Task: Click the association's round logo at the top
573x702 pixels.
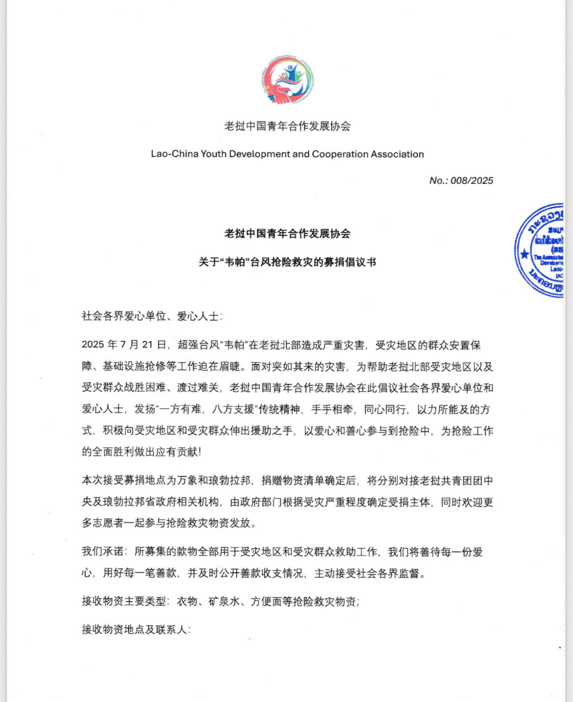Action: tap(287, 80)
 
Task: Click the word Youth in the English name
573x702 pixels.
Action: tap(213, 154)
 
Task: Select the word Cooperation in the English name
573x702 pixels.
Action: tap(340, 154)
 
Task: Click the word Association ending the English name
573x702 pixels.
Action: tap(397, 154)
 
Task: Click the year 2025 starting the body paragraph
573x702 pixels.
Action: tap(93, 345)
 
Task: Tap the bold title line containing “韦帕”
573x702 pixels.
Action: tap(287, 262)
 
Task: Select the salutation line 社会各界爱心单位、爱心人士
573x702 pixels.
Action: tap(152, 316)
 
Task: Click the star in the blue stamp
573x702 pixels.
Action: tap(524, 254)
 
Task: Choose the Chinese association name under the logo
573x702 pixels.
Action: tap(287, 126)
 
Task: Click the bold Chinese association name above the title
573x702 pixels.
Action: tap(287, 234)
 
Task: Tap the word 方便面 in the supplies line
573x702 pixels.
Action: tap(266, 602)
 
